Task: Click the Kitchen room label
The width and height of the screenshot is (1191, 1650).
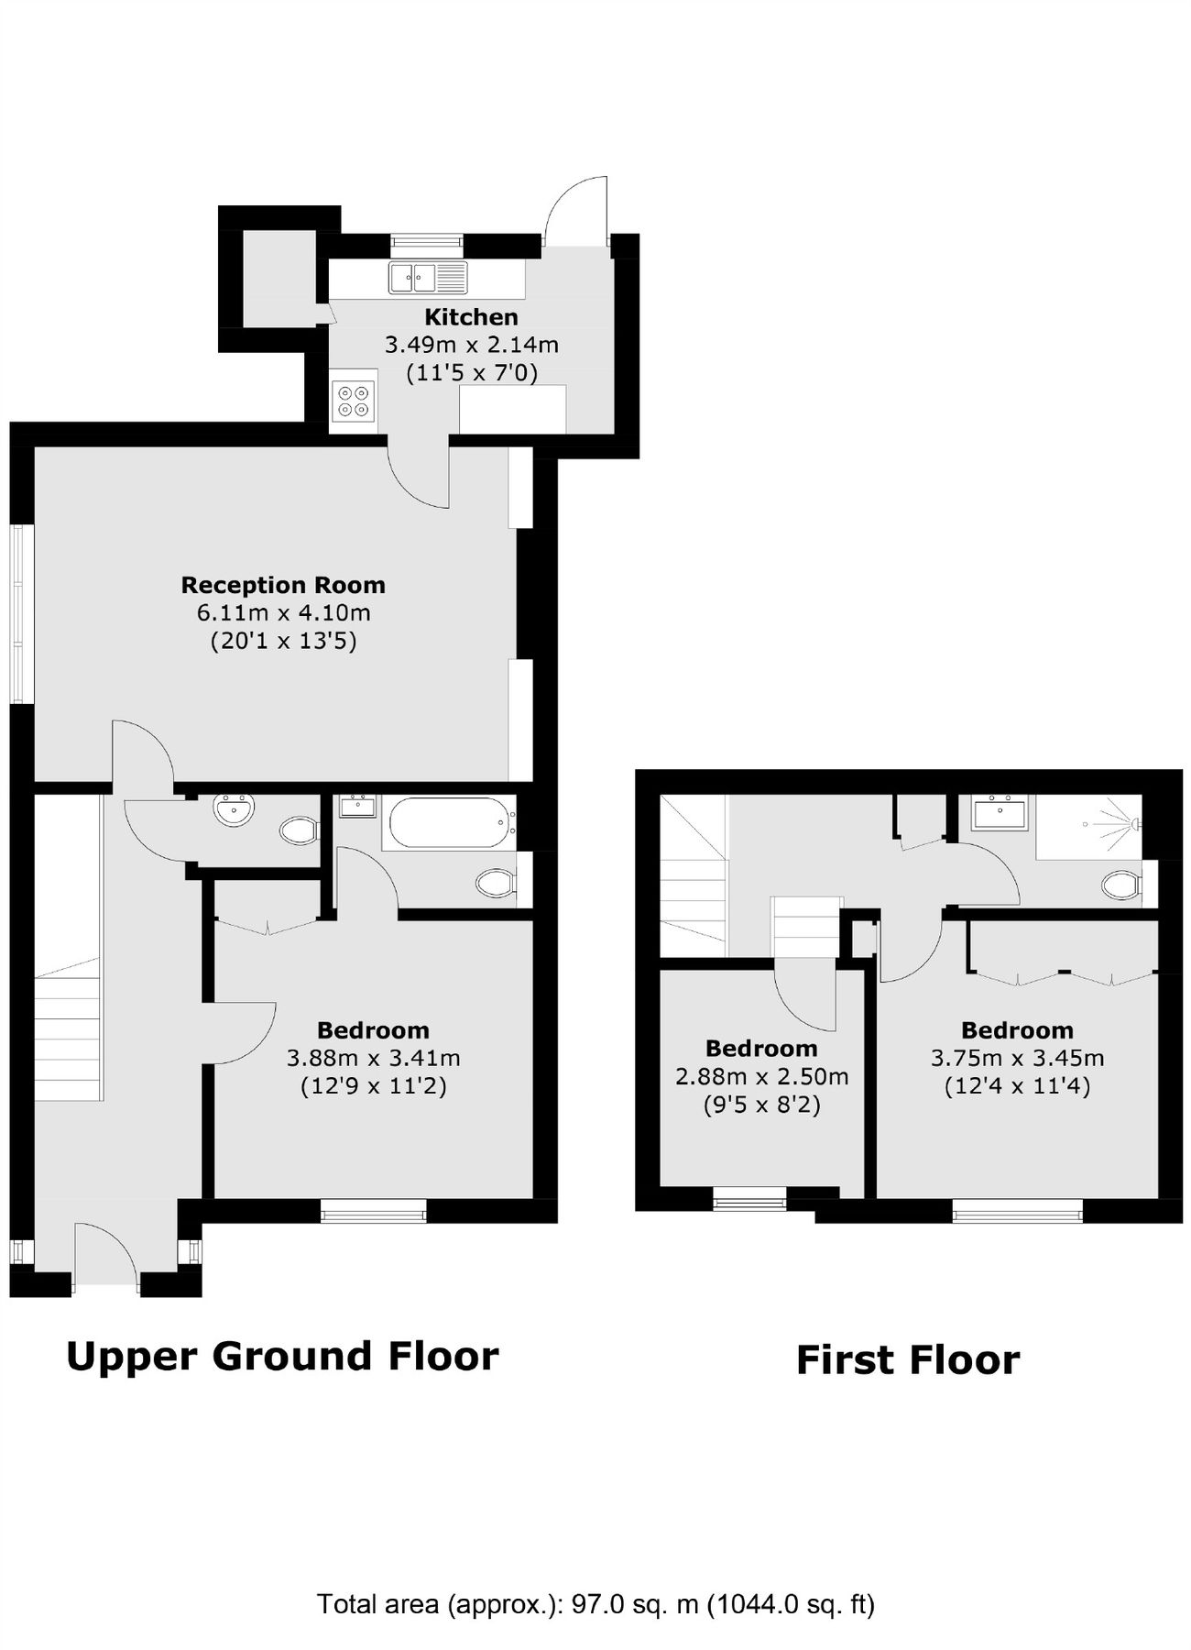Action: pyautogui.click(x=471, y=317)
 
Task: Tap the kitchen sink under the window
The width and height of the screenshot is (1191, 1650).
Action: pyautogui.click(x=427, y=277)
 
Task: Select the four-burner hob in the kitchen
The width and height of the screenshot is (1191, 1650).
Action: pyautogui.click(x=354, y=400)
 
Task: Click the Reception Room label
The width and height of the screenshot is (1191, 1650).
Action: pyautogui.click(x=283, y=585)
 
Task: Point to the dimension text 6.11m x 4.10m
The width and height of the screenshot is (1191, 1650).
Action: pyautogui.click(x=283, y=612)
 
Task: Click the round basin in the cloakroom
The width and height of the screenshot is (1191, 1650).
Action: pyautogui.click(x=234, y=809)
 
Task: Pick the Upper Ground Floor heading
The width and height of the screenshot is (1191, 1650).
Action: pyautogui.click(x=282, y=1356)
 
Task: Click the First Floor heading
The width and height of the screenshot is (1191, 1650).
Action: pyautogui.click(x=907, y=1359)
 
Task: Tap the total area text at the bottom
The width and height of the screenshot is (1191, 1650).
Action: pyautogui.click(x=595, y=1604)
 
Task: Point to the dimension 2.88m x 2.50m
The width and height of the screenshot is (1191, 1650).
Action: pyautogui.click(x=761, y=1076)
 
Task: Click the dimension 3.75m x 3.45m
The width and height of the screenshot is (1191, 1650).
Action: pyautogui.click(x=1017, y=1058)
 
